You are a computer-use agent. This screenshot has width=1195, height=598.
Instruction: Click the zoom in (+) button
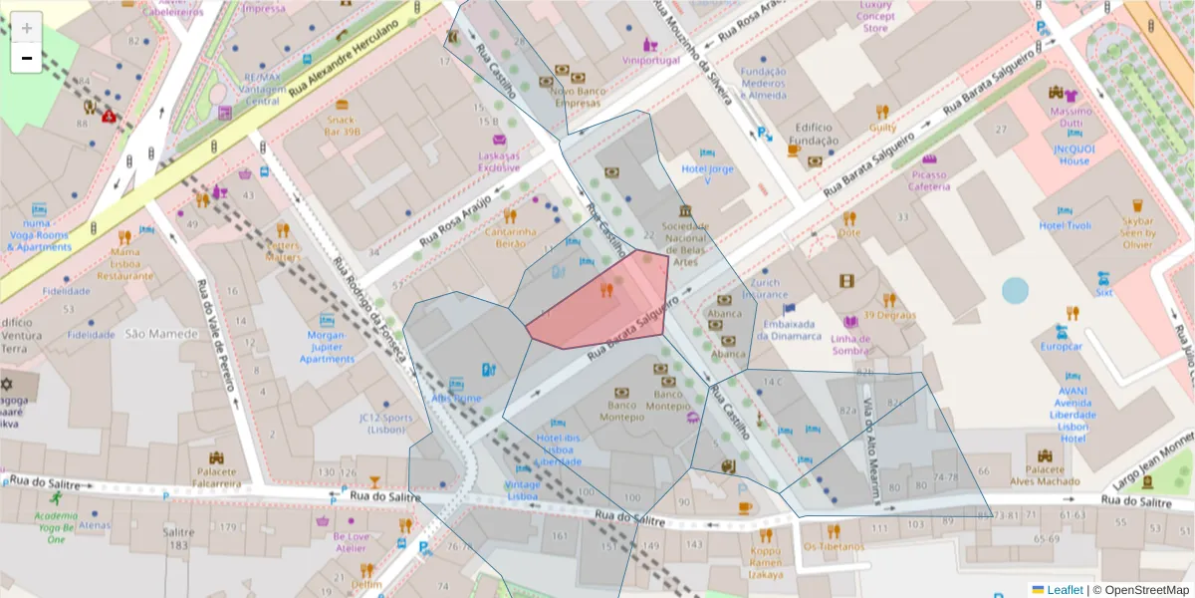[x=27, y=27]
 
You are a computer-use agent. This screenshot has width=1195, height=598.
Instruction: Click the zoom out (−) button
[x=27, y=59]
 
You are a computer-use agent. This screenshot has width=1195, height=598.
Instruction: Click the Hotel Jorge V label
[x=707, y=174]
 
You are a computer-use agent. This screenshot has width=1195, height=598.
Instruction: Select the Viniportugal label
[x=650, y=60]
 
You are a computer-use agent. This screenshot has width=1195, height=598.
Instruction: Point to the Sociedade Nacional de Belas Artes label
[x=686, y=245]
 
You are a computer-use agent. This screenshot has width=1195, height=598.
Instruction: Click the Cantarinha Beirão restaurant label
[x=510, y=237]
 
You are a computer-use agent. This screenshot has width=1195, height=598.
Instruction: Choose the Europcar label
[x=1062, y=347]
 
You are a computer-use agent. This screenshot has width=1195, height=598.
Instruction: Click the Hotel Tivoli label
[x=1066, y=226]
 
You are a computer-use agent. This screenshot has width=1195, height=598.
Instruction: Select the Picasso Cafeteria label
[x=929, y=180]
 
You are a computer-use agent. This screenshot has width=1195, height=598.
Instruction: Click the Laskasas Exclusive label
[x=498, y=161]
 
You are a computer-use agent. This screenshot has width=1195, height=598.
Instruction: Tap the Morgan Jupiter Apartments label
[x=327, y=346]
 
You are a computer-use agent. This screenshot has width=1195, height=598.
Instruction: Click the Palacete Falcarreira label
[x=217, y=477]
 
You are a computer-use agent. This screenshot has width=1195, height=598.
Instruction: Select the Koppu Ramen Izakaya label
[x=766, y=562]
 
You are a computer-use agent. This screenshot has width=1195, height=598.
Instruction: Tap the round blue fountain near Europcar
[x=1015, y=290]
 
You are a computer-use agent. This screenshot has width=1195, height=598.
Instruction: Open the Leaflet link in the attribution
[x=1065, y=590]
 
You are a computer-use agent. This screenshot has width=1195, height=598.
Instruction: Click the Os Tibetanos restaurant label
[x=835, y=546]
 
